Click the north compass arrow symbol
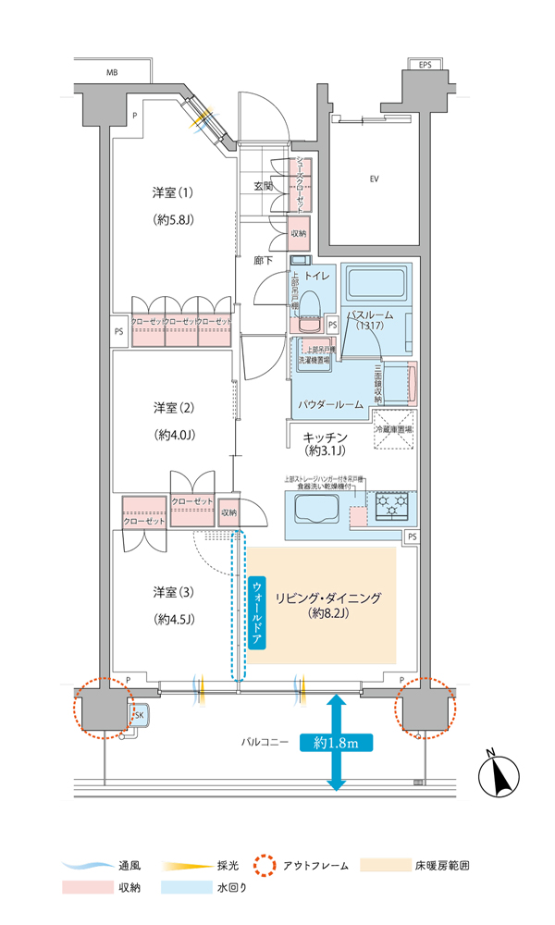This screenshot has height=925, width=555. click(x=503, y=775)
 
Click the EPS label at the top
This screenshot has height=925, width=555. click(x=425, y=66)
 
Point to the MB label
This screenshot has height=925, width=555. click(x=111, y=72)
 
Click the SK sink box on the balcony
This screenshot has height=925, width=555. click(x=140, y=716)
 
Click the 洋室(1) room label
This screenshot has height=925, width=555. click(x=174, y=193)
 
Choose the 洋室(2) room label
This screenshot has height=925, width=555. click(x=174, y=408)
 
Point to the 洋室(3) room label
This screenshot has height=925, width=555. click(x=174, y=592)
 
